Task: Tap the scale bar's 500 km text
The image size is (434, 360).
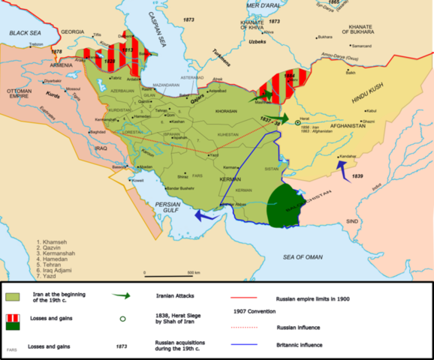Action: pyautogui.click(x=193, y=272)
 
